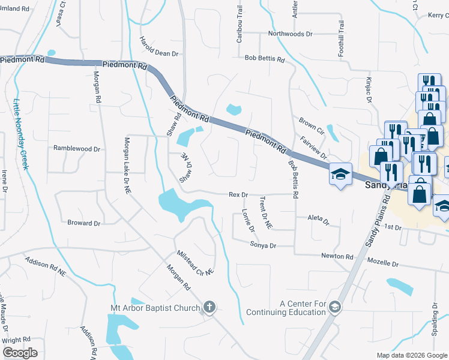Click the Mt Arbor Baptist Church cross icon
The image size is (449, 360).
(209, 308)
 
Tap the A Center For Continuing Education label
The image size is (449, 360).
(294, 308)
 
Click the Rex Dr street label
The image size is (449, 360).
(238, 194)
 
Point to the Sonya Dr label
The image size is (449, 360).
(263, 245)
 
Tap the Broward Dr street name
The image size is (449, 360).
(83, 223)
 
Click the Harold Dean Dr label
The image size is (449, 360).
(159, 46)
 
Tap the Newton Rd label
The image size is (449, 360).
(337, 256)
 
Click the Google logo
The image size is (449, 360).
(20, 353)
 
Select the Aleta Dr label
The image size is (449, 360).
(318, 220)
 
